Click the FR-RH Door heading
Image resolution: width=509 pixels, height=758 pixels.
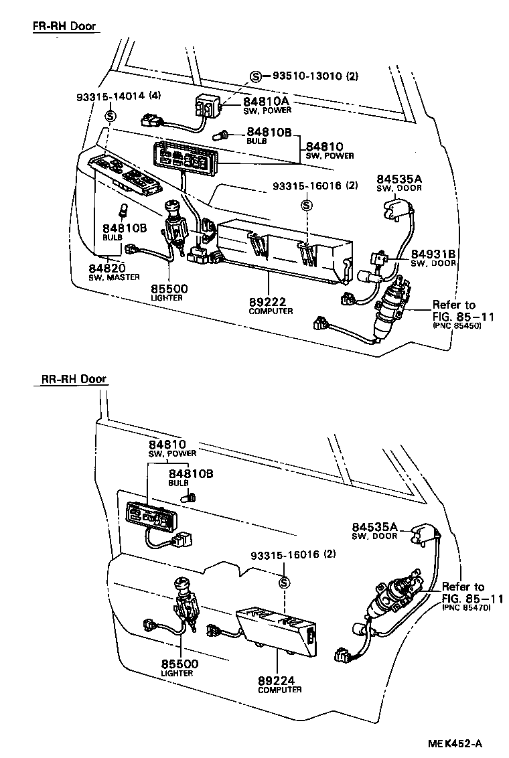(x=64, y=27)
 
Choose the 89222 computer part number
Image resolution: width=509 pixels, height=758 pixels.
(x=269, y=302)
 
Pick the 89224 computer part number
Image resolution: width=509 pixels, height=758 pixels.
(x=277, y=680)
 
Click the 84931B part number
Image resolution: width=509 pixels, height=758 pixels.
(x=433, y=254)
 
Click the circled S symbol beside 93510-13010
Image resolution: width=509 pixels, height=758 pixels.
(x=256, y=76)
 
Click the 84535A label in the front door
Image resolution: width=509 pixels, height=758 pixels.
(x=398, y=179)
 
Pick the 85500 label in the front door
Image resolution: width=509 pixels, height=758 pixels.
(x=168, y=289)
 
